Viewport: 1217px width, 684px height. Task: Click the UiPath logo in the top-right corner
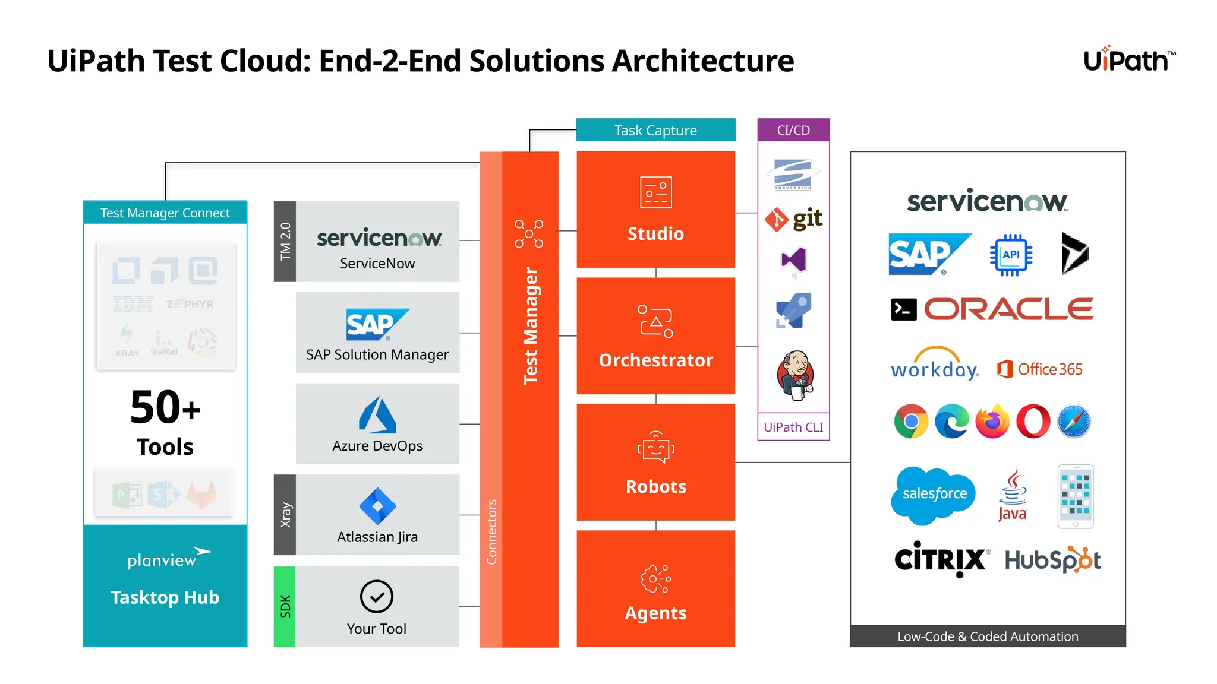pos(1128,60)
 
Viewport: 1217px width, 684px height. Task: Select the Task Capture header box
pos(655,130)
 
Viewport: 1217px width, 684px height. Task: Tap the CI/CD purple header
pos(793,130)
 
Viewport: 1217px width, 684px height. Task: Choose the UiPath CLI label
pos(793,427)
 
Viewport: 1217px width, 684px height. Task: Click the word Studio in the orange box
pos(655,233)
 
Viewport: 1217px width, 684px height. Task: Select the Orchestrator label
pos(655,360)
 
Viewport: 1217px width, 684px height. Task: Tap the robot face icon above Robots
pos(655,448)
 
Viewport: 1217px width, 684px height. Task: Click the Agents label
pos(655,613)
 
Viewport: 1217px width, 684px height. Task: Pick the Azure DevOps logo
pos(377,415)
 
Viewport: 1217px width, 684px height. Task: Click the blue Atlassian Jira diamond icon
pos(377,506)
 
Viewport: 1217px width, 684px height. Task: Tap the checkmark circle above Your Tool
pos(377,597)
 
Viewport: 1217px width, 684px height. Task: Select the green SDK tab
pos(285,606)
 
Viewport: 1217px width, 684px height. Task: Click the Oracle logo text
pos(1008,309)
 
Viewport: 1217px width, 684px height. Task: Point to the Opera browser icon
pos(1033,422)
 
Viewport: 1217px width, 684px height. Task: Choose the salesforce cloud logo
pos(934,495)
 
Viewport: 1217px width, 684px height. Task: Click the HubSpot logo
pos(1052,560)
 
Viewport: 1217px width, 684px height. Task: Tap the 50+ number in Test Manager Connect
pos(165,408)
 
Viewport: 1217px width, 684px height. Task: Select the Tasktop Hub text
pos(165,597)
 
